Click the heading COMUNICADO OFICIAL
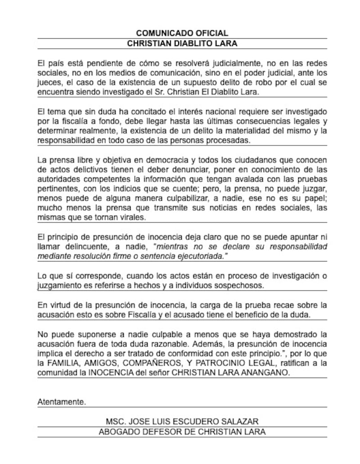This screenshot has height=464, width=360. click(182, 33)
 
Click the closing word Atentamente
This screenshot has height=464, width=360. click(61, 402)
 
